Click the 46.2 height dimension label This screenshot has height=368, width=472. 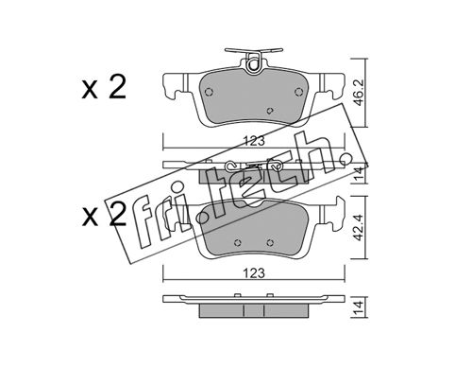pyautogui.click(x=359, y=93)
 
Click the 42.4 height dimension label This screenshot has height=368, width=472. pyautogui.click(x=359, y=227)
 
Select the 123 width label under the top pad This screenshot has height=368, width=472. pyautogui.click(x=254, y=141)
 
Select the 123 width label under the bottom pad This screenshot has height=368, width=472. pyautogui.click(x=254, y=273)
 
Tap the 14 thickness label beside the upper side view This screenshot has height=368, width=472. pyautogui.click(x=359, y=174)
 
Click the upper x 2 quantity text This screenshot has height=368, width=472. pyautogui.click(x=104, y=88)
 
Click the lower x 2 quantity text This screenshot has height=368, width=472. pyautogui.click(x=104, y=215)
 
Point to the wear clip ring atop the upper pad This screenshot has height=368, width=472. pyautogui.click(x=253, y=65)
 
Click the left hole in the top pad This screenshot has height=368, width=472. pyautogui.click(x=209, y=92)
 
